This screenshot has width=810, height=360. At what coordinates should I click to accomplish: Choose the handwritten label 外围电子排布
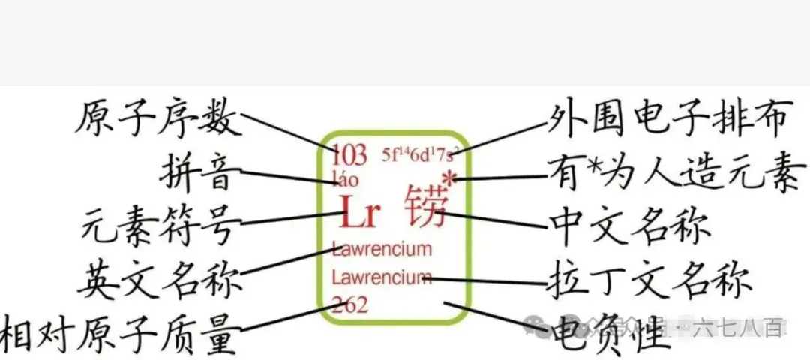[667, 119]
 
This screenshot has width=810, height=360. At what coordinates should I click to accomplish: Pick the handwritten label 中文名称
[629, 223]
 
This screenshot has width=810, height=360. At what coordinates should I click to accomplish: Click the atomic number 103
[349, 155]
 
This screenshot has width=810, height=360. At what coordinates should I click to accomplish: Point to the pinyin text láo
[346, 178]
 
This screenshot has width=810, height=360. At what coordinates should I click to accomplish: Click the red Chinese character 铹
[424, 208]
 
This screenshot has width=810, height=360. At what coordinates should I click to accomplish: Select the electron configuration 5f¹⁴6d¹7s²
[418, 155]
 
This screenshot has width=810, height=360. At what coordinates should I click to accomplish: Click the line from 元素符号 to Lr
[292, 218]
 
